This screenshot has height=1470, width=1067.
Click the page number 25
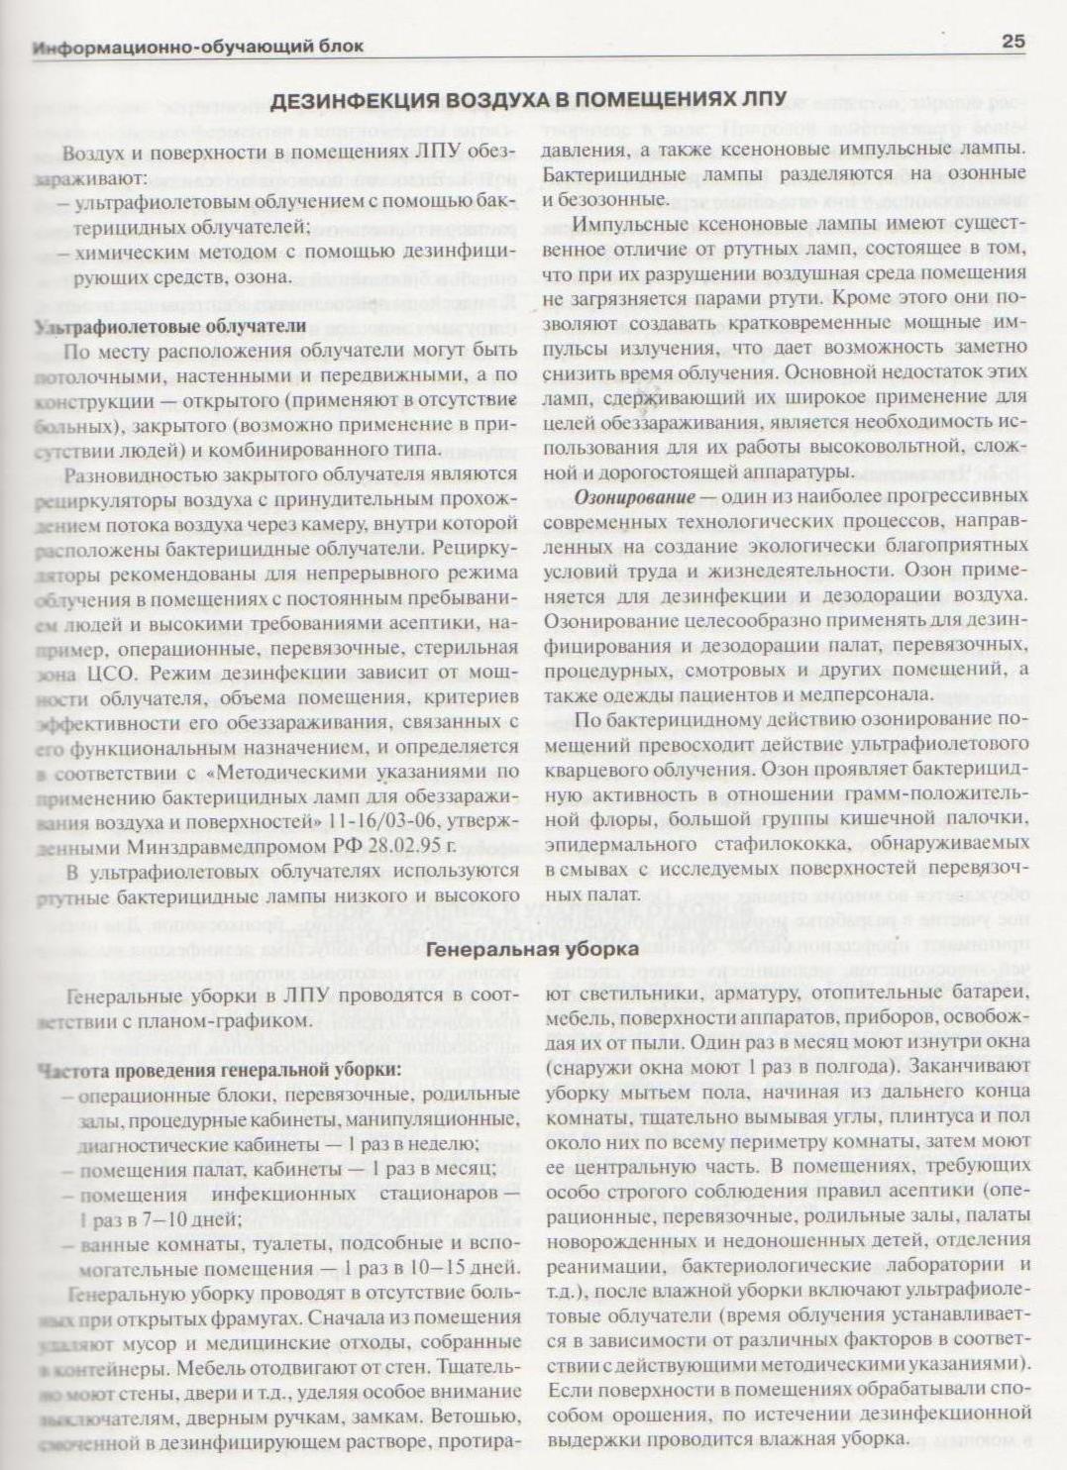click(1013, 42)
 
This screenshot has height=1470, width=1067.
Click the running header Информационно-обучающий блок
click(198, 47)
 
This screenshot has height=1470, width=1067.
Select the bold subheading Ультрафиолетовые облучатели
click(170, 326)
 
